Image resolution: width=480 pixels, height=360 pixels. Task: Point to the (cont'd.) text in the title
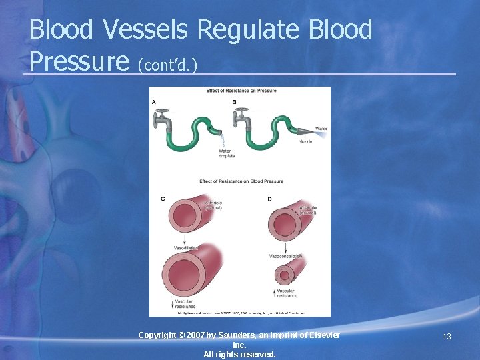pyautogui.click(x=167, y=65)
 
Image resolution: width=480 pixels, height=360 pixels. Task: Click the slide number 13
pyautogui.click(x=447, y=337)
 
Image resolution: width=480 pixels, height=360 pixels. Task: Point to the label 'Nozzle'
pyautogui.click(x=305, y=142)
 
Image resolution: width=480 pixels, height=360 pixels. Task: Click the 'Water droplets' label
pyautogui.click(x=227, y=154)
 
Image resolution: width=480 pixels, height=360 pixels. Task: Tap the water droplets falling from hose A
pyautogui.click(x=223, y=141)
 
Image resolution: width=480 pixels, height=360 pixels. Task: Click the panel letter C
pyautogui.click(x=163, y=199)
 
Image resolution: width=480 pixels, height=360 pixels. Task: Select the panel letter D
pyautogui.click(x=269, y=199)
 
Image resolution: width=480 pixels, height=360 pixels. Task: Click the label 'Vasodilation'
pyautogui.click(x=186, y=248)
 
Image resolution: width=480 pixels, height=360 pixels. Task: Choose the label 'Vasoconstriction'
pyautogui.click(x=286, y=256)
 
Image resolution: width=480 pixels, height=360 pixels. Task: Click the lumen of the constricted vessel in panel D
pyautogui.click(x=286, y=275)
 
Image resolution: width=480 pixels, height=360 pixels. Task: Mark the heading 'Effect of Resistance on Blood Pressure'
pyautogui.click(x=241, y=181)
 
